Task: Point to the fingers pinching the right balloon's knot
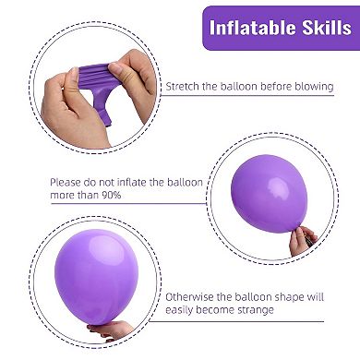pyautogui.click(x=301, y=239)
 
